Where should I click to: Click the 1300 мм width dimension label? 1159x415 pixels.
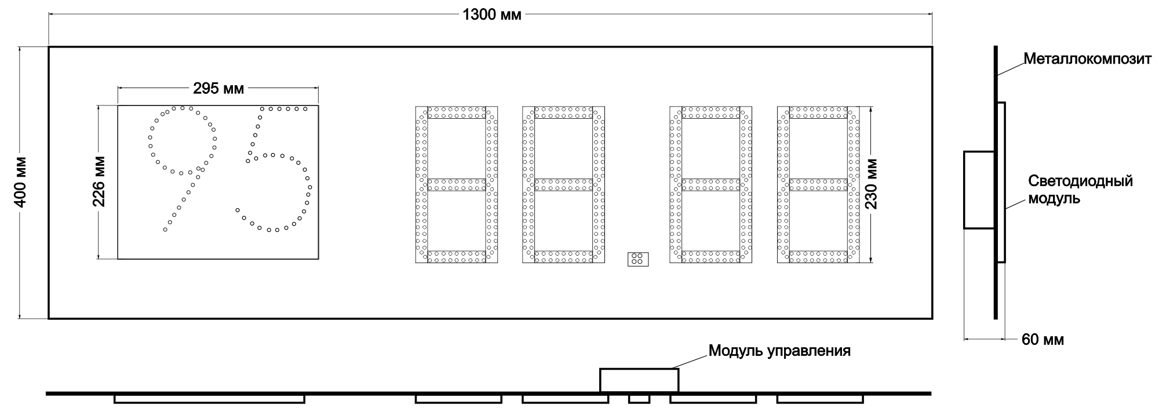pyautogui.click(x=491, y=14)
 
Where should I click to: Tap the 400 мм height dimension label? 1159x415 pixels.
pyautogui.click(x=20, y=182)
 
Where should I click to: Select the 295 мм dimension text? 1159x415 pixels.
pyautogui.click(x=218, y=88)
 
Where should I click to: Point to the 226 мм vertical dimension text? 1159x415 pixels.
pyautogui.click(x=99, y=182)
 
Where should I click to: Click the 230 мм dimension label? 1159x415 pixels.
pyautogui.click(x=871, y=184)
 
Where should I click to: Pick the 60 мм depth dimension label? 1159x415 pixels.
pyautogui.click(x=1043, y=340)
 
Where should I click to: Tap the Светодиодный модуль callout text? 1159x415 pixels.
pyautogui.click(x=1080, y=190)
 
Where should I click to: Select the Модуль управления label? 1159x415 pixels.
pyautogui.click(x=779, y=351)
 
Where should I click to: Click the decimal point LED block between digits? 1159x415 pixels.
pyautogui.click(x=637, y=259)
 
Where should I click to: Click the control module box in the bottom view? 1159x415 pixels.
pyautogui.click(x=639, y=380)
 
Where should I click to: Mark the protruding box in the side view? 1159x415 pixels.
pyautogui.click(x=979, y=190)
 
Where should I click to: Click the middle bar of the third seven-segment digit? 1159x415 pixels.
pyautogui.click(x=710, y=185)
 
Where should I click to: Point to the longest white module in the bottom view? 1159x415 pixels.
pyautogui.click(x=209, y=399)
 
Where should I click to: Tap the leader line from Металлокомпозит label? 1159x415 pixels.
pyautogui.click(x=1011, y=68)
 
